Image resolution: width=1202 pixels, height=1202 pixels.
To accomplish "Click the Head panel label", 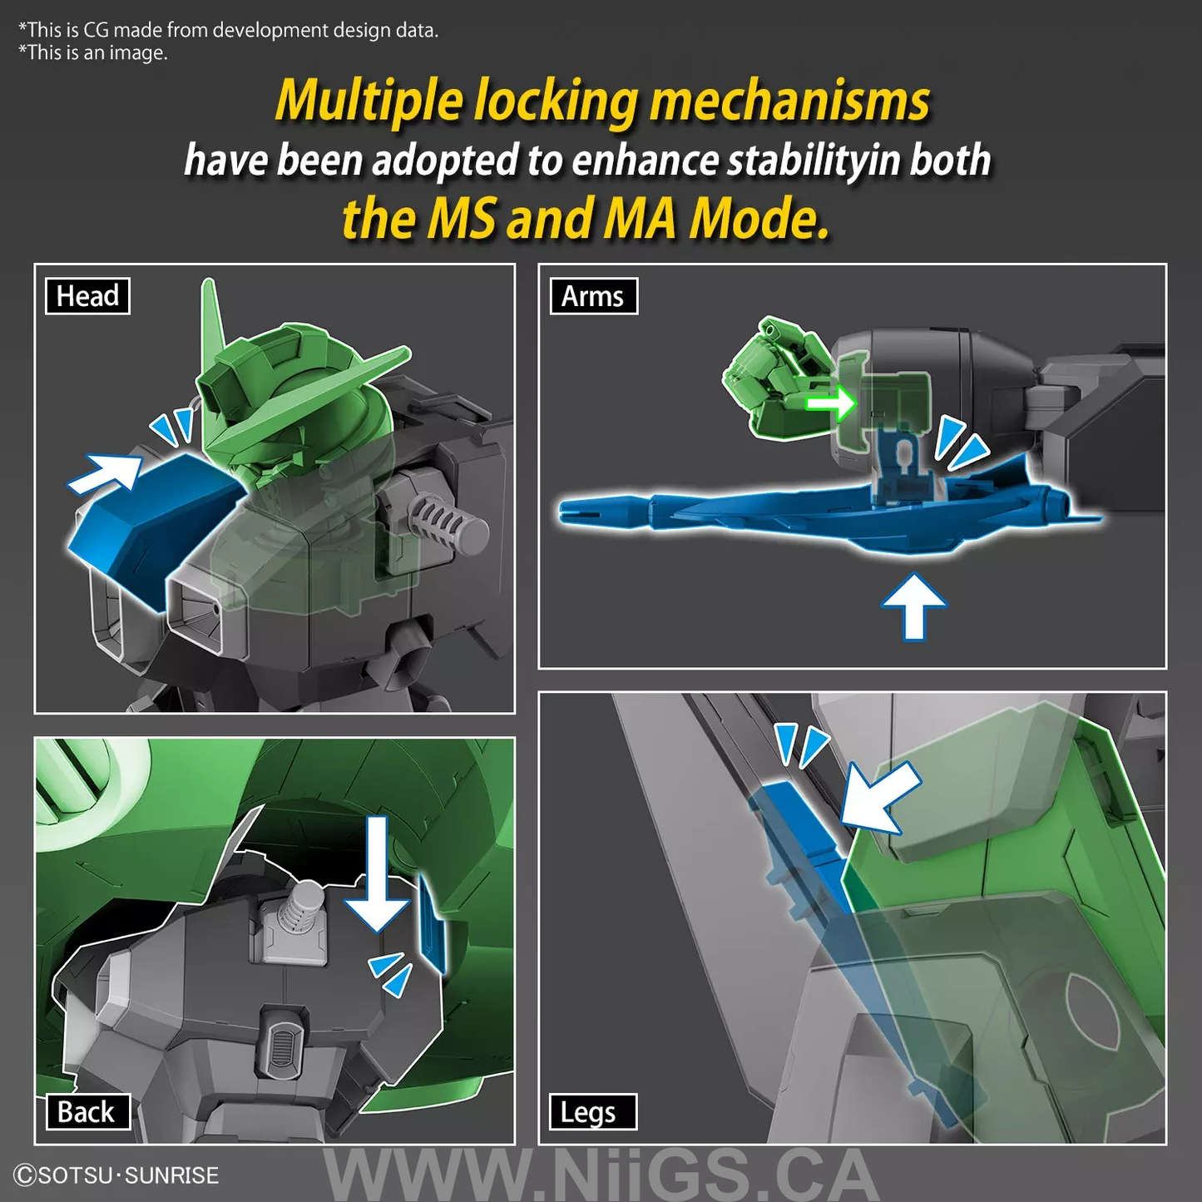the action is pos(87,295).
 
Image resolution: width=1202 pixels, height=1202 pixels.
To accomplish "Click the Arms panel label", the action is pos(593,295).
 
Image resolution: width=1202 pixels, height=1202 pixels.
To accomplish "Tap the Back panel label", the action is pos(87,1111).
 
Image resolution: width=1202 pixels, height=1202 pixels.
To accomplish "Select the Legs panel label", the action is pos(592,1111).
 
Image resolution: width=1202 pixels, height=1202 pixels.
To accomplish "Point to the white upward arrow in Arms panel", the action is pos(914,606).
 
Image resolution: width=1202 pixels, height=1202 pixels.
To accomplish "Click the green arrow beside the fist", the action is pos(829,403).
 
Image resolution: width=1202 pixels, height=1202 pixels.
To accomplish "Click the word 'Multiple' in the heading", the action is pos(369,101).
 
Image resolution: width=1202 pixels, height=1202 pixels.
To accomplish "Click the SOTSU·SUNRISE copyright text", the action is pos(117,1175).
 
